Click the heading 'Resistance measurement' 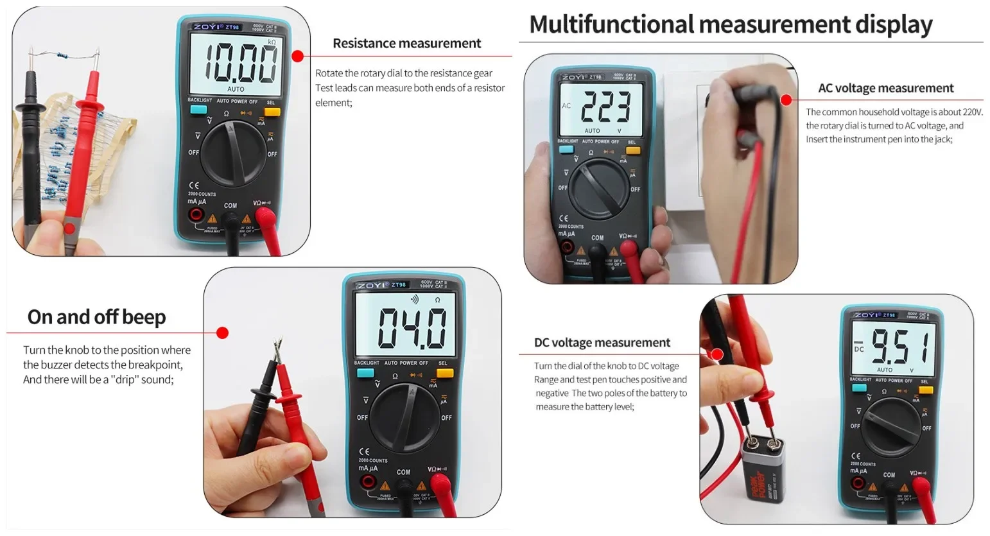click(406, 44)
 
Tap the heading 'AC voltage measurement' click(885, 89)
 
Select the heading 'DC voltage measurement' click(602, 343)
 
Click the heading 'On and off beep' click(96, 317)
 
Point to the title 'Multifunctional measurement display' click(730, 24)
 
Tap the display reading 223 click(604, 107)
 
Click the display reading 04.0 click(412, 328)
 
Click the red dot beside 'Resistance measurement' click(297, 56)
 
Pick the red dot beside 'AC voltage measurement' click(786, 100)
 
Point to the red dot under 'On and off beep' click(222, 333)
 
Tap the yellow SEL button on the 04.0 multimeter click(444, 373)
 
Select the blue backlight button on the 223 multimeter click(566, 150)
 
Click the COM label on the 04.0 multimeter click(403, 472)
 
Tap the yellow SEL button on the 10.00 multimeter click(272, 112)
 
